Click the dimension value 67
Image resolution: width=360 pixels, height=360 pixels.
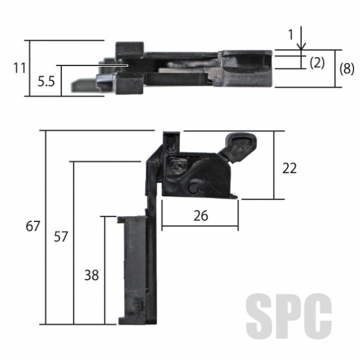point(33,226)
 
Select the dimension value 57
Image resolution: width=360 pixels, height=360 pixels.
point(61,237)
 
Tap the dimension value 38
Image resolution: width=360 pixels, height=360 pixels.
point(91,275)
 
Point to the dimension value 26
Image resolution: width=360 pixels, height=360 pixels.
point(200,215)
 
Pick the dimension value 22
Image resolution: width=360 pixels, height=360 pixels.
point(289,168)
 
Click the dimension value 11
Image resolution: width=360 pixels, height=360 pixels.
point(19,68)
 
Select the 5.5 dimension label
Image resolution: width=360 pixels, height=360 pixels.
point(46,82)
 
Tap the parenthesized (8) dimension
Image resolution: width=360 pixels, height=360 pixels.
point(347,68)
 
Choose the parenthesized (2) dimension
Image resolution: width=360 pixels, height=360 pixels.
point(317,62)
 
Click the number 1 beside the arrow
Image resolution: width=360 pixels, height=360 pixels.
point(291,35)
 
